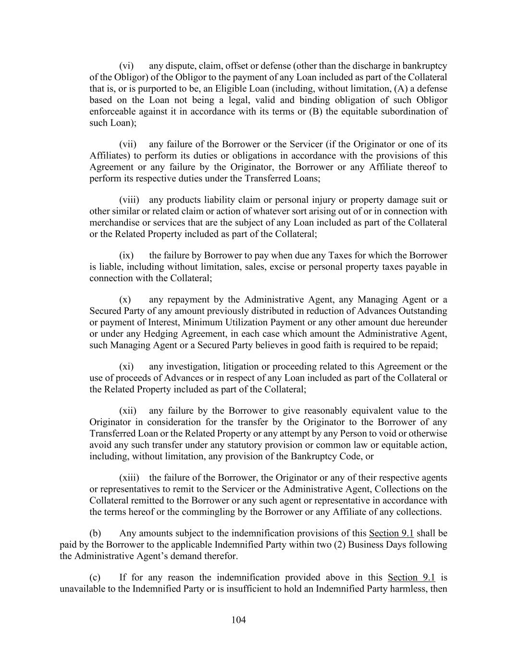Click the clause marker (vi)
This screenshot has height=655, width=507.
[x=126, y=66]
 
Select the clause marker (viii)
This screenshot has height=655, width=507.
[x=129, y=200]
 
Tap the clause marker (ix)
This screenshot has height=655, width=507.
[x=126, y=255]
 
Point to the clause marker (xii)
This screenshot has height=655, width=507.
[x=128, y=411]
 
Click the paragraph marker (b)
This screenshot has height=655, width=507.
[x=95, y=534]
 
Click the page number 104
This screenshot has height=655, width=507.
[x=238, y=620]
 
